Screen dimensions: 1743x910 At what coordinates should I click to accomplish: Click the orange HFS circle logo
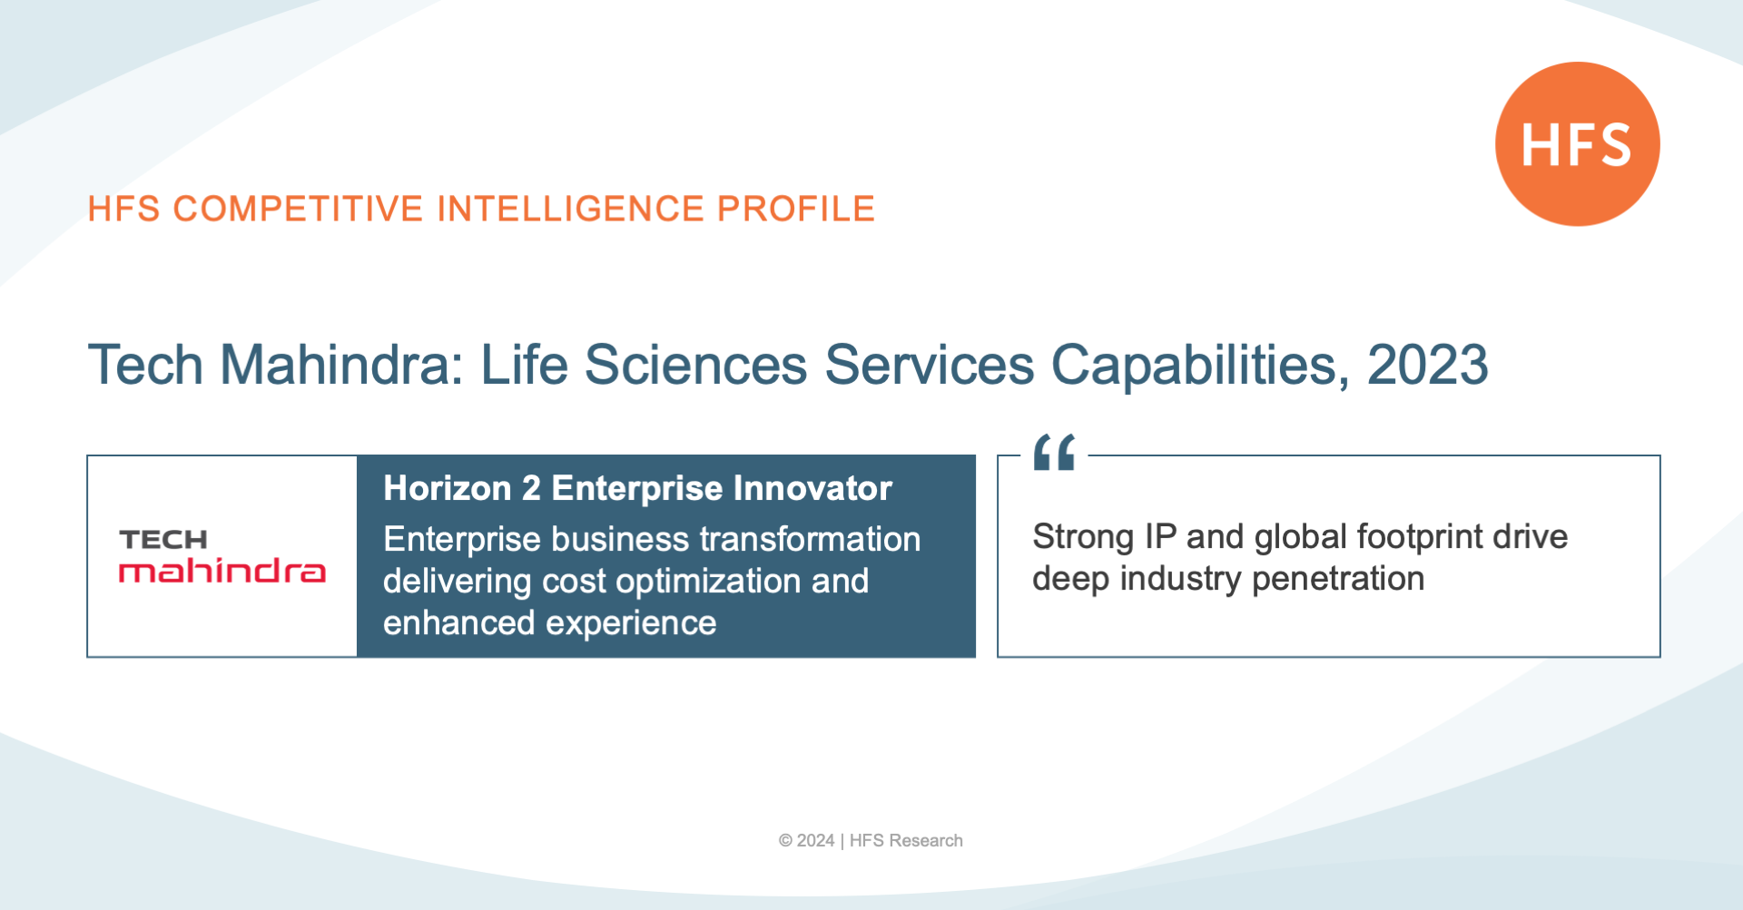pyautogui.click(x=1578, y=144)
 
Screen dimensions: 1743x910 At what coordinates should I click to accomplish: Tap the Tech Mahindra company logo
pyautogui.click(x=222, y=555)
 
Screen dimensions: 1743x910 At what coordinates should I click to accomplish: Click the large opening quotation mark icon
pyautogui.click(x=1054, y=452)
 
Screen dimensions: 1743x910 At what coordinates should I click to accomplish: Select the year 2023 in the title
pyautogui.click(x=1428, y=365)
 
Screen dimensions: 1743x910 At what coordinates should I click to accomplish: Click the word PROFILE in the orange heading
pyautogui.click(x=796, y=209)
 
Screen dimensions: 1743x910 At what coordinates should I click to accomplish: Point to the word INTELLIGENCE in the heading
pyautogui.click(x=570, y=209)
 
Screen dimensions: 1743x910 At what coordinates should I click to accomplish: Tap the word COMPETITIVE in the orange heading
pyautogui.click(x=298, y=209)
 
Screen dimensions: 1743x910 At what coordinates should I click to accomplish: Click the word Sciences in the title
pyautogui.click(x=695, y=365)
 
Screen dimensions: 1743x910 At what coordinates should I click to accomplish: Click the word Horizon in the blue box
pyautogui.click(x=448, y=488)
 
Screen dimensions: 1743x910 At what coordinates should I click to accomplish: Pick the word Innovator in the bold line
pyautogui.click(x=813, y=488)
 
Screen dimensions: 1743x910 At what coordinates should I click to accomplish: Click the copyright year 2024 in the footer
pyautogui.click(x=815, y=841)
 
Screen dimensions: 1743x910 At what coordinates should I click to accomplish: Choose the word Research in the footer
pyautogui.click(x=926, y=841)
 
